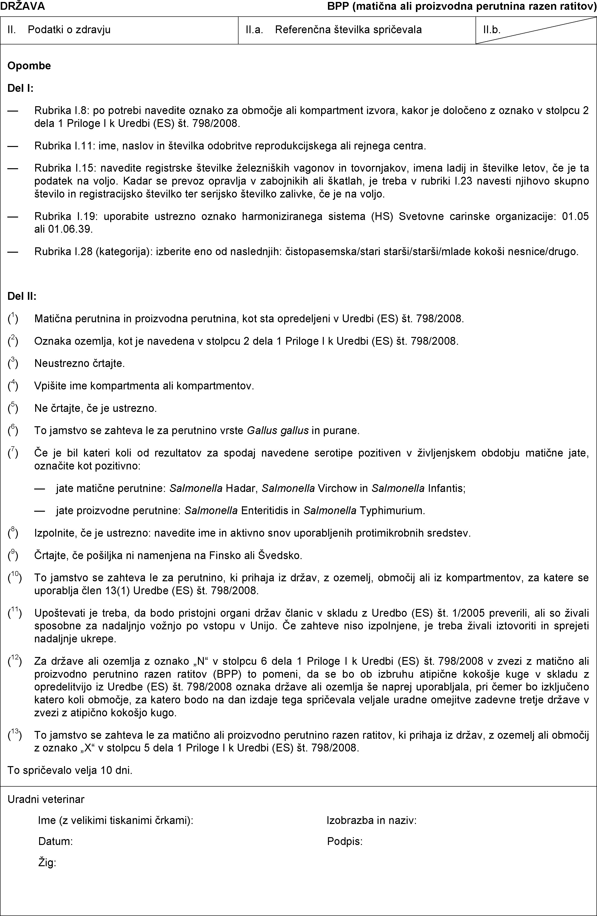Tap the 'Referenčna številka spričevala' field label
coord(348,30)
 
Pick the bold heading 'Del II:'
coord(22,296)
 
